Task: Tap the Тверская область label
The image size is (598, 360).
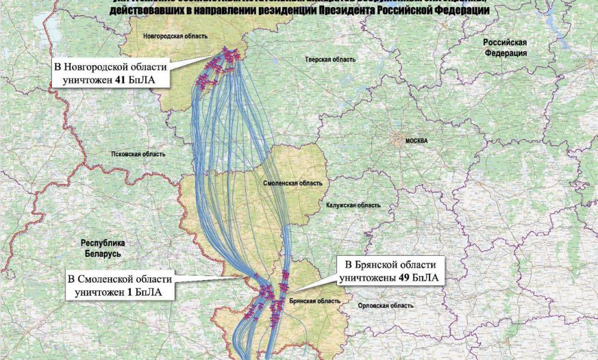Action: click(x=330, y=60)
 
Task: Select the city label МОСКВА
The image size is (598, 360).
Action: click(x=417, y=141)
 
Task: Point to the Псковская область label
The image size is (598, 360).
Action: click(x=138, y=154)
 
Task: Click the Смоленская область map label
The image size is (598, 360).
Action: click(x=293, y=184)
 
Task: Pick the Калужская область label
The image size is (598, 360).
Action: click(x=353, y=205)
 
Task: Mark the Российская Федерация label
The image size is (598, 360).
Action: click(x=505, y=48)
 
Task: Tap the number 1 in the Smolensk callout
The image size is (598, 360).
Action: click(x=129, y=292)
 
